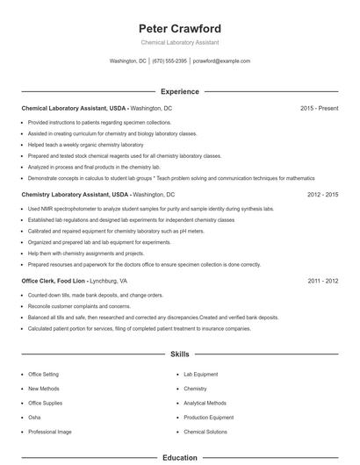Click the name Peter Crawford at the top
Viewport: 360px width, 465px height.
(179, 28)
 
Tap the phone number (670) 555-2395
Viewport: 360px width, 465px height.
(169, 61)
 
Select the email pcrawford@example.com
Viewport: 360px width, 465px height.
(221, 61)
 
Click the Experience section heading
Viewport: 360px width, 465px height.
(179, 91)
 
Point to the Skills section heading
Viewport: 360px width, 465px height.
(179, 354)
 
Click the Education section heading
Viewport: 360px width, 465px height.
(179, 457)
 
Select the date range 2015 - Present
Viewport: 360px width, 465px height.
(319, 108)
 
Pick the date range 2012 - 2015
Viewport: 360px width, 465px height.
(322, 194)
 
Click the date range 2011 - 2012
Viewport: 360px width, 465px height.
(322, 281)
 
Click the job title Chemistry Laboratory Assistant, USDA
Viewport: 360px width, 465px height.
(75, 194)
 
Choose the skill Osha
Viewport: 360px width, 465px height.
(34, 418)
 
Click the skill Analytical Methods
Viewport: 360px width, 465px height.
(205, 403)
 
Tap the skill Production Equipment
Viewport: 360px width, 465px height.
(208, 418)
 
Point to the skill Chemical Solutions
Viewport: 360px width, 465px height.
(205, 432)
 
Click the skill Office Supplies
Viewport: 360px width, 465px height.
(46, 403)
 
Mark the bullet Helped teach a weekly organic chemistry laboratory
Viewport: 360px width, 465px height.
(85, 144)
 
